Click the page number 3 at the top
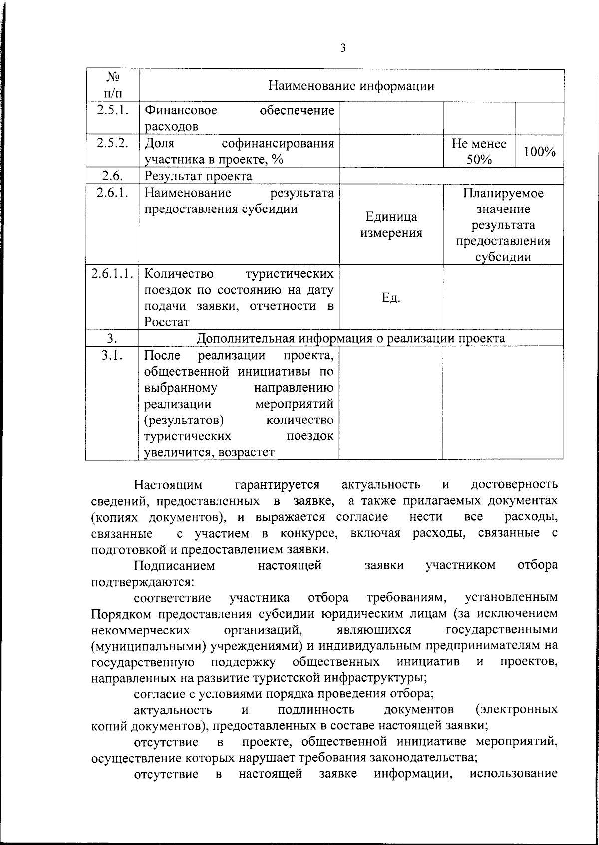(x=342, y=48)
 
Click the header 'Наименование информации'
(x=351, y=86)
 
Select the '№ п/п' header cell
(x=113, y=85)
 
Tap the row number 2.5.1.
(x=113, y=110)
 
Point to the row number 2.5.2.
(x=113, y=143)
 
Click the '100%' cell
(x=540, y=151)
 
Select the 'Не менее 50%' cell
(x=479, y=151)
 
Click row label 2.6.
(x=113, y=176)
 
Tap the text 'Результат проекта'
(x=198, y=176)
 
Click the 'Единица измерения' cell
(x=391, y=225)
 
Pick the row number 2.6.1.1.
(x=113, y=274)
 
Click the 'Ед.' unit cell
(x=391, y=298)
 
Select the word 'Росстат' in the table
(x=164, y=322)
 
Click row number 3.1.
(x=113, y=356)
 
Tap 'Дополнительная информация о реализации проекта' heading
(x=351, y=338)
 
